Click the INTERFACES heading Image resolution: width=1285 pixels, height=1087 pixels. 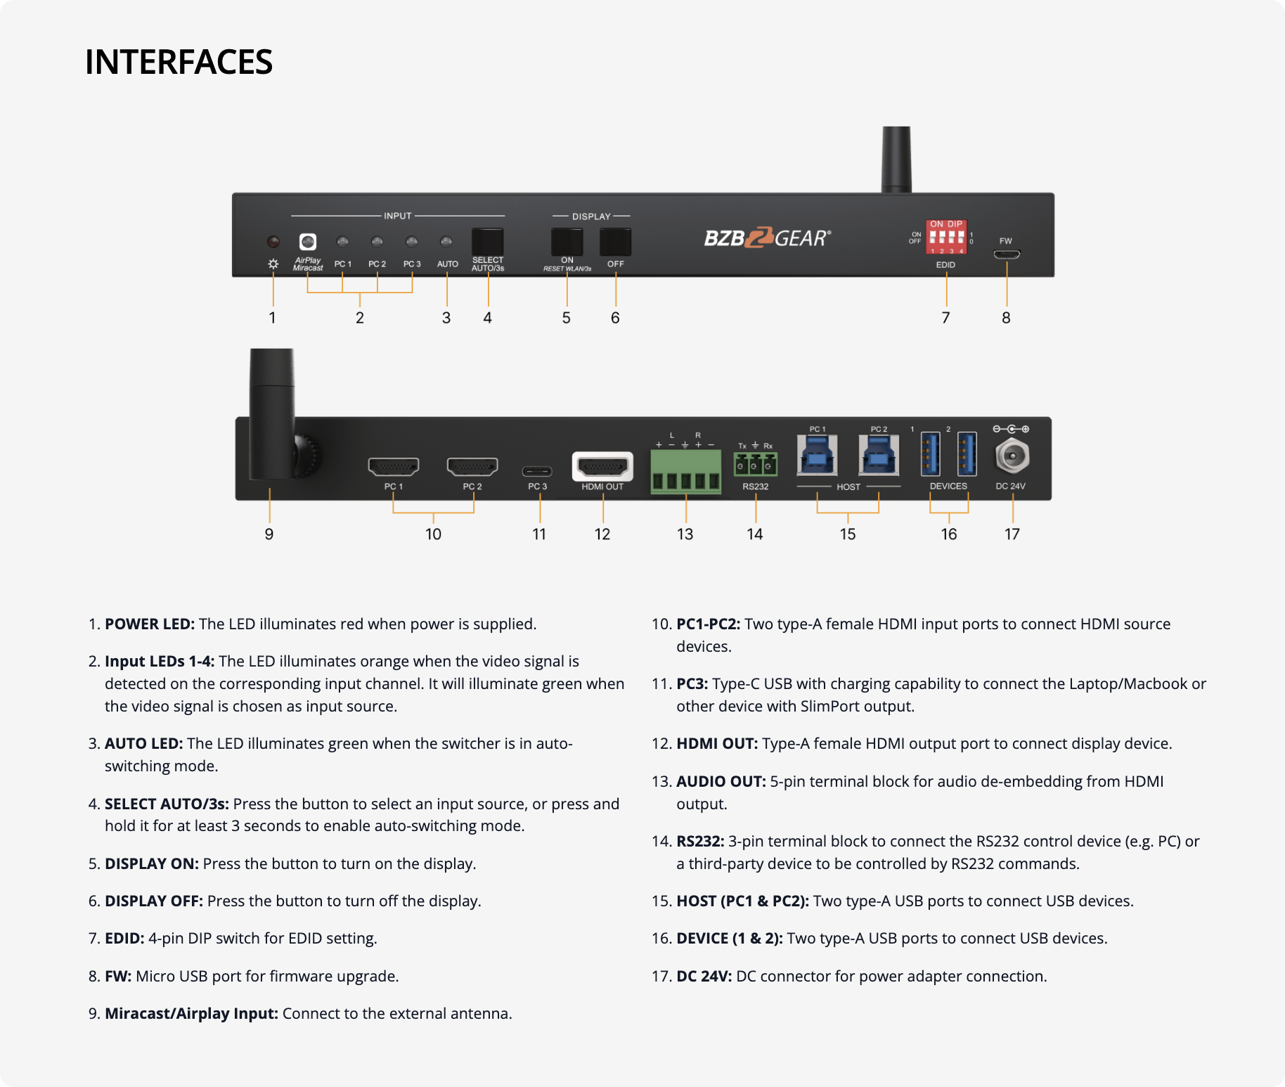coord(179,62)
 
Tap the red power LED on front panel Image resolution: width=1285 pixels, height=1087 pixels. coord(273,242)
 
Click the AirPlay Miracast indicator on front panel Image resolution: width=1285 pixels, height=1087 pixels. coord(308,242)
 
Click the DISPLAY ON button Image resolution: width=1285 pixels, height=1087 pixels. coord(567,242)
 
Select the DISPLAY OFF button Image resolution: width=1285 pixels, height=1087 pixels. coord(615,242)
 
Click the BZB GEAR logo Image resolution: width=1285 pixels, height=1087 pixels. coord(767,238)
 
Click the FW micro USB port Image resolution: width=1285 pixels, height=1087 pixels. coord(1007,255)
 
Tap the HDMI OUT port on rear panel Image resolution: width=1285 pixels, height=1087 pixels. coord(602,466)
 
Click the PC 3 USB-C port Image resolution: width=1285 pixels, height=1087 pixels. coord(537,471)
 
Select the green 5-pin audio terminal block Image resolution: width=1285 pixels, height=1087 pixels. coord(685,472)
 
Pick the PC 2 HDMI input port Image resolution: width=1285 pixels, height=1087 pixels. coord(472,466)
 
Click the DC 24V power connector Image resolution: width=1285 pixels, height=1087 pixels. coord(1012,457)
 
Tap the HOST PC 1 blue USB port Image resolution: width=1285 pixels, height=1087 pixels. coord(817,456)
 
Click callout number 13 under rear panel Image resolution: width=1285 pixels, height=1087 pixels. coord(685,534)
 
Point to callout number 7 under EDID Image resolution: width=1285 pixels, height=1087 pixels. coord(945,318)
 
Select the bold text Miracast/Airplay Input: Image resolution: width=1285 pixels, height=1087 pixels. coord(191,1014)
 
